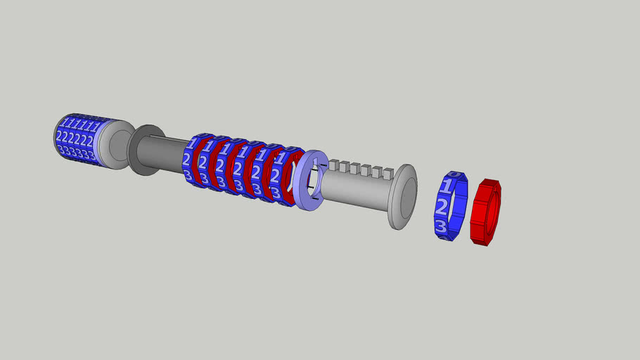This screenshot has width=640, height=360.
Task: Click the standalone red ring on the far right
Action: (485, 212)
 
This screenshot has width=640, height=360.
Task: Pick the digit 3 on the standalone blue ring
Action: (440, 226)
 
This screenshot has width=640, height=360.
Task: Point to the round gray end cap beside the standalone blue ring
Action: (402, 197)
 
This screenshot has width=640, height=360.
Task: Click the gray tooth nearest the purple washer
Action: (333, 166)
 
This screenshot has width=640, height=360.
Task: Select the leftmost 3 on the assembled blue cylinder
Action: (62, 150)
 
